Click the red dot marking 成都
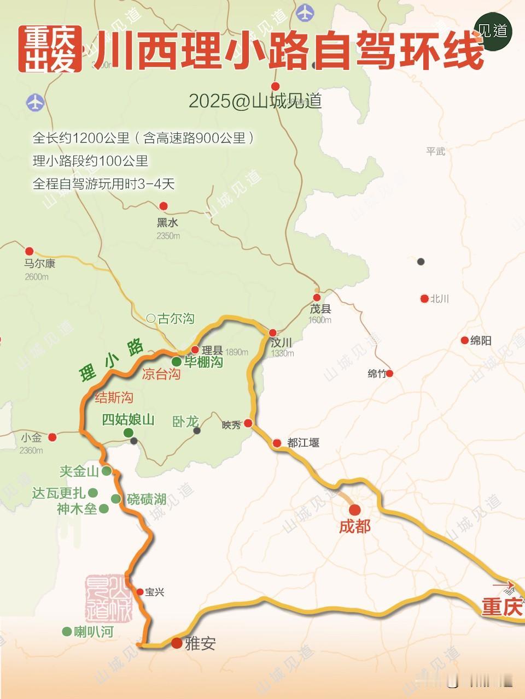click(x=355, y=510)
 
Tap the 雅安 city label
click(x=201, y=643)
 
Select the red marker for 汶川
click(x=272, y=333)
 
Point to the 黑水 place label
click(x=167, y=223)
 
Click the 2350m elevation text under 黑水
click(x=168, y=236)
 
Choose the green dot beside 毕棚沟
click(x=177, y=362)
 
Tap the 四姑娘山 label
click(x=129, y=419)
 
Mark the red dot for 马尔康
click(x=30, y=251)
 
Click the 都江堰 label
click(x=304, y=443)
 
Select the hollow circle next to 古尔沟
click(x=151, y=318)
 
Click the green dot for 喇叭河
click(x=67, y=631)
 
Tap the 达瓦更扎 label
click(x=59, y=493)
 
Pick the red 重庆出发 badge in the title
click(x=50, y=50)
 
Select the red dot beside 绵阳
click(x=465, y=340)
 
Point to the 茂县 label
click(x=320, y=309)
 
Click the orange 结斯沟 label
click(x=114, y=398)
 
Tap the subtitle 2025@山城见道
click(x=255, y=101)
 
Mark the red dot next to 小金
click(x=52, y=437)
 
